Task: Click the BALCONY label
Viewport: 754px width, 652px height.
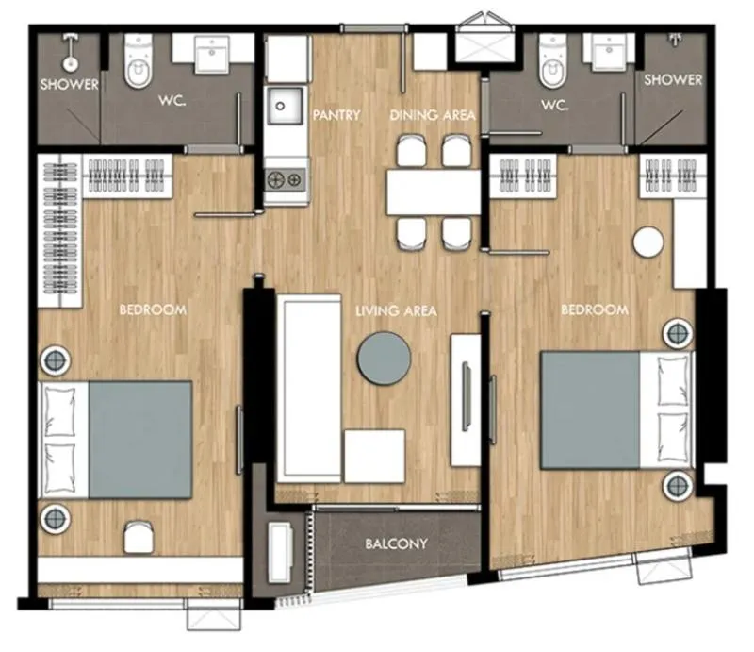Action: [396, 543]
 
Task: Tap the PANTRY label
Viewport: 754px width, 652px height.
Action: [336, 115]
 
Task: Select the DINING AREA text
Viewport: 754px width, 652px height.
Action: [433, 115]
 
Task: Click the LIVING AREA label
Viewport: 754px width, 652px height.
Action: [396, 311]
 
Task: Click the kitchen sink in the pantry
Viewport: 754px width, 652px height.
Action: [286, 106]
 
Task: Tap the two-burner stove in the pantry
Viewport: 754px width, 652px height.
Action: [286, 180]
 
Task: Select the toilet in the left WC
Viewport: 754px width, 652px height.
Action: [138, 61]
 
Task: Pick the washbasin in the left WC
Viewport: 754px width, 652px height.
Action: [211, 55]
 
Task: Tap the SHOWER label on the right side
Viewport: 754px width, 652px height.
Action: [673, 80]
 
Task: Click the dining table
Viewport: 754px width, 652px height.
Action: [434, 192]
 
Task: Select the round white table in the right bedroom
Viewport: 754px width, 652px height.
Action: [648, 242]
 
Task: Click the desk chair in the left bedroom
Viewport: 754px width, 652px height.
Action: [139, 538]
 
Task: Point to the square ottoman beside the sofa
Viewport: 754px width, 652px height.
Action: [374, 457]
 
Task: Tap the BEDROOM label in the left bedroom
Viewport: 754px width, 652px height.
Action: [153, 309]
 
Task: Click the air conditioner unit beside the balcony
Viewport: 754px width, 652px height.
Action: [280, 552]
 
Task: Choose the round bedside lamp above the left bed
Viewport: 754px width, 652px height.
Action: [56, 359]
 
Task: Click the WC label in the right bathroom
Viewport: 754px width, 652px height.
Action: [555, 105]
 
